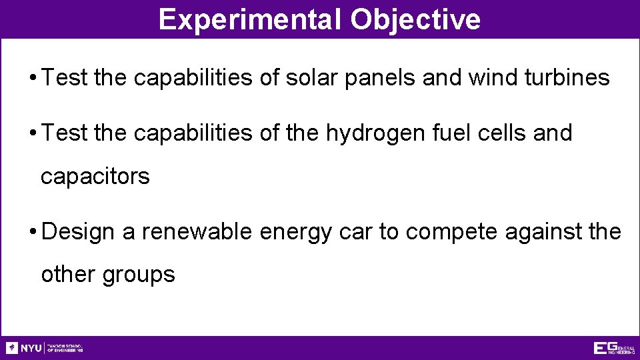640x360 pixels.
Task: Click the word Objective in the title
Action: click(415, 19)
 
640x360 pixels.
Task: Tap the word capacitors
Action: click(95, 177)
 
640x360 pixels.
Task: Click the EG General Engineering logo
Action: click(613, 348)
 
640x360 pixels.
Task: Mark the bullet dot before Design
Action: click(33, 232)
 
